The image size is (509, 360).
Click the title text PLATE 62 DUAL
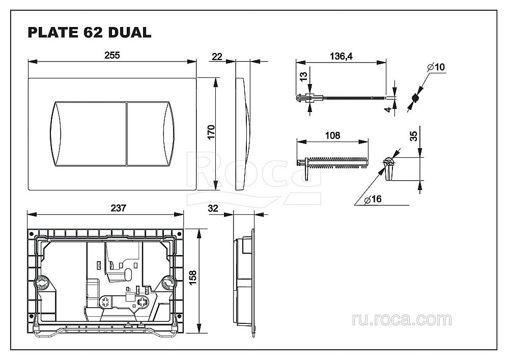pyautogui.click(x=89, y=33)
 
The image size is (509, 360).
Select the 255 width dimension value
pyautogui.click(x=112, y=56)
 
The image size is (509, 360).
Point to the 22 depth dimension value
pyautogui.click(x=217, y=56)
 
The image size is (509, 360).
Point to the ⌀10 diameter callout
pyautogui.click(x=436, y=67)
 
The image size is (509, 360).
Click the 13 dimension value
pyautogui.click(x=303, y=76)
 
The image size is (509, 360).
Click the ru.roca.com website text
pyautogui.click(x=401, y=320)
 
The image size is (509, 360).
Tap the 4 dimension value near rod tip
pyautogui.click(x=388, y=108)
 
